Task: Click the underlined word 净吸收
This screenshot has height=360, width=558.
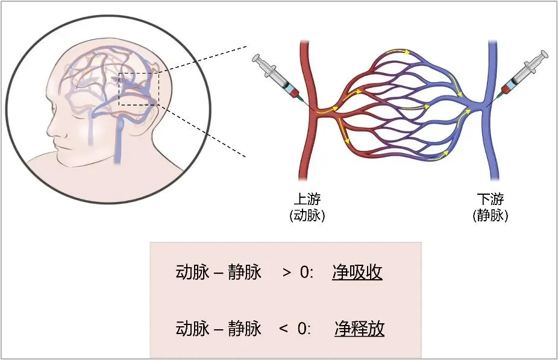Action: [x=357, y=273]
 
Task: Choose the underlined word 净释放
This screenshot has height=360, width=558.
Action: [x=359, y=329]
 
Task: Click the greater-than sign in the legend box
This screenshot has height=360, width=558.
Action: [x=286, y=273]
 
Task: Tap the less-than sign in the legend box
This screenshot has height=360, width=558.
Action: [x=283, y=329]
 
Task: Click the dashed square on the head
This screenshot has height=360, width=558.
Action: [x=138, y=89]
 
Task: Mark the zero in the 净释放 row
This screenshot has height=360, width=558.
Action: [x=301, y=329]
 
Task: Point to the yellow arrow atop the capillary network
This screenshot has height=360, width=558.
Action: [x=401, y=52]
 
